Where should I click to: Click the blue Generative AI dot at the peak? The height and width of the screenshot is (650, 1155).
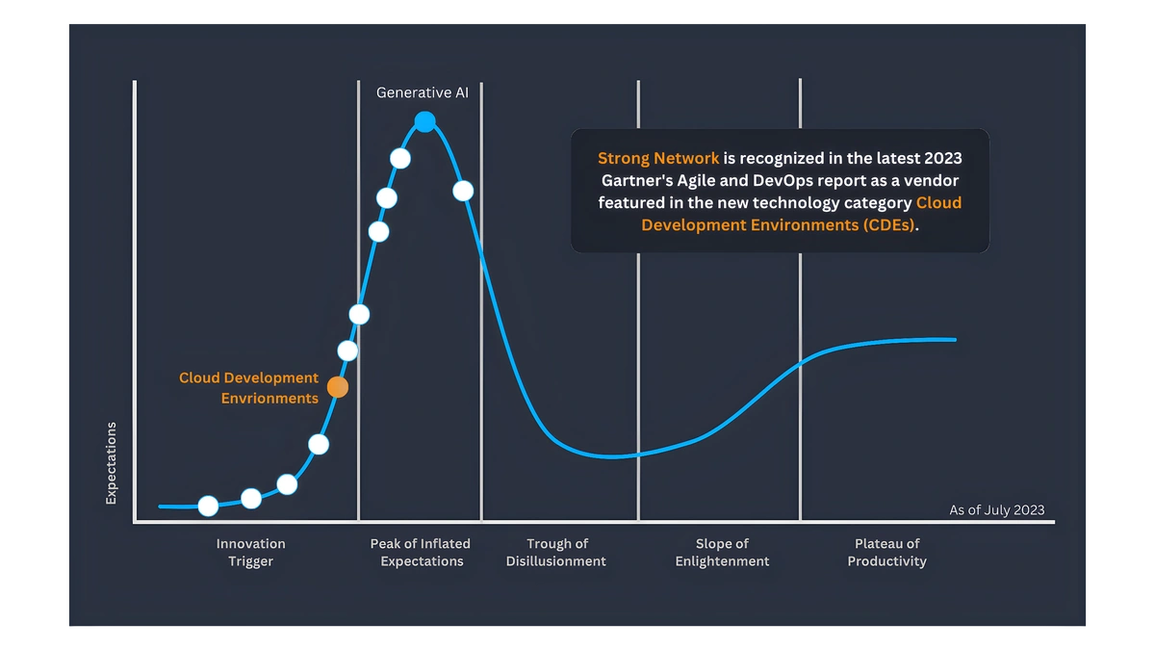pos(424,121)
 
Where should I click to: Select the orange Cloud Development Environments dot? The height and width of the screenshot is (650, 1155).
pos(338,387)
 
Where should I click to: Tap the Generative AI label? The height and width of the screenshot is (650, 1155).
pos(423,92)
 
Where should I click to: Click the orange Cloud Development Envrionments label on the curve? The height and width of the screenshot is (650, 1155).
pos(248,388)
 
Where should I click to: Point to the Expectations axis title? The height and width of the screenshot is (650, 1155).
pos(111,463)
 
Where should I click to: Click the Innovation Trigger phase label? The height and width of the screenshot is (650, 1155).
pos(250,552)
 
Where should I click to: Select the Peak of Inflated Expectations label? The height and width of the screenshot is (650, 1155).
pos(421,552)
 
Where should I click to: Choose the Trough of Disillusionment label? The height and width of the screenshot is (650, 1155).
pos(556,552)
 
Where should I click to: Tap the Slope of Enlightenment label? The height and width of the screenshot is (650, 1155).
pos(722,552)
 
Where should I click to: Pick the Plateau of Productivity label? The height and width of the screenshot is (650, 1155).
pos(886,552)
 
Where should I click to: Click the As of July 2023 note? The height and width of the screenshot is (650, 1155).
pos(997,510)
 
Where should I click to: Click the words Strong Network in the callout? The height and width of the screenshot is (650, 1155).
pos(658,158)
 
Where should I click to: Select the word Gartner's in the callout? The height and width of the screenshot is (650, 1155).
pos(637,181)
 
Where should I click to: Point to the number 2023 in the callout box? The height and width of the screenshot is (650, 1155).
pos(943,158)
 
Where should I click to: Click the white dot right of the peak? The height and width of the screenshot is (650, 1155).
pos(463,191)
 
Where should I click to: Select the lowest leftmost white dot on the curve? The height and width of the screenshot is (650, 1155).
pos(208,507)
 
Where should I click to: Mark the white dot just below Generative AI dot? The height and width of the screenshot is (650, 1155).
pos(400,158)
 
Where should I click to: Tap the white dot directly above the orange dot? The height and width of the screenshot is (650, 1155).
pos(347,351)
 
